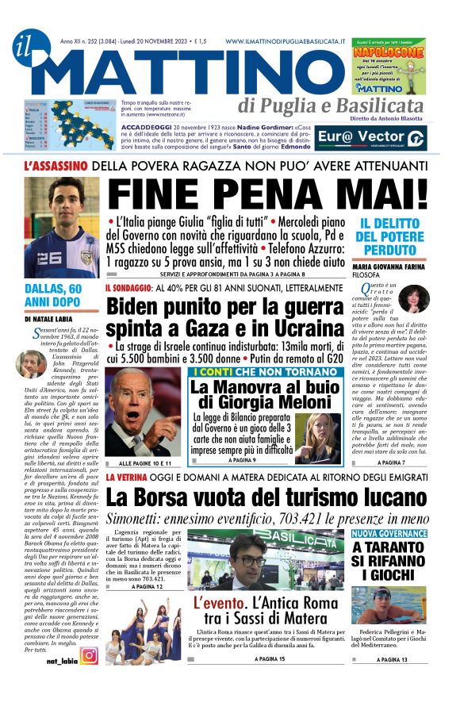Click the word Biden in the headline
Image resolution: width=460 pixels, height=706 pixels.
tap(137, 306)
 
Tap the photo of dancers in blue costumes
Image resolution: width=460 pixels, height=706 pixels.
tap(143, 630)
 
